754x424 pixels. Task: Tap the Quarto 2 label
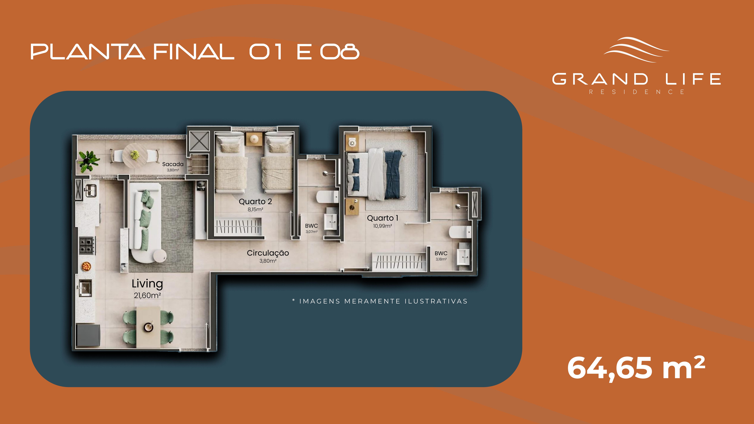click(x=255, y=202)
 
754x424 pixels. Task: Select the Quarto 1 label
click(x=383, y=218)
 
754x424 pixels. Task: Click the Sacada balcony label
click(x=173, y=164)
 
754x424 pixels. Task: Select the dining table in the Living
click(x=148, y=327)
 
